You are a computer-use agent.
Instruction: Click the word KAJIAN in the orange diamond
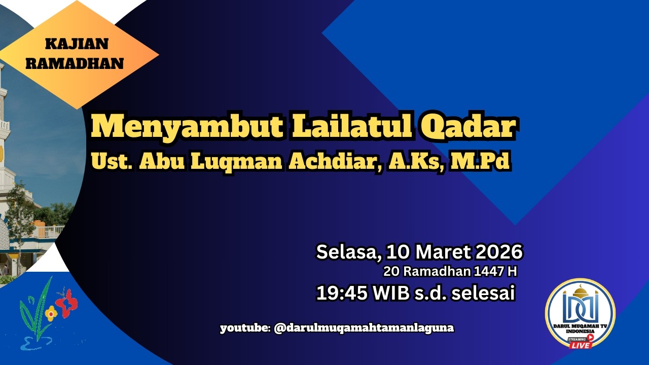pos(77,44)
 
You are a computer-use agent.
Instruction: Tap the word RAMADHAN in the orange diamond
pos(75,64)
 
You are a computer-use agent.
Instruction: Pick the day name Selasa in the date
pos(348,252)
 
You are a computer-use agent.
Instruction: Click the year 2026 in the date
pos(497,252)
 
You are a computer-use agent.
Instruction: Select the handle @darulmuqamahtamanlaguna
pos(364,328)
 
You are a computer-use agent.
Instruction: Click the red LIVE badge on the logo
pos(581,345)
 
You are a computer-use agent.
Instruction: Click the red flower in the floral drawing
pos(67,303)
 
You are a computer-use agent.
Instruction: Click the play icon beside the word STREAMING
pos(590,338)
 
